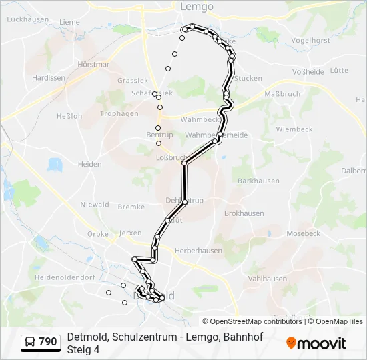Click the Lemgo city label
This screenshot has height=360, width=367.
tap(197, 7)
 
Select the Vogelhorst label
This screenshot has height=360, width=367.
tap(312, 41)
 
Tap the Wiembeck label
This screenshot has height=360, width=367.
tap(294, 129)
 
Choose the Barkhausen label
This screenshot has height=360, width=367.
tap(257, 181)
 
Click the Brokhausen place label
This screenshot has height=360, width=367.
tap(244, 213)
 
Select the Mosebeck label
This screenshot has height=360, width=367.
tap(304, 234)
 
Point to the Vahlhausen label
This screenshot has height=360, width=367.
tap(267, 279)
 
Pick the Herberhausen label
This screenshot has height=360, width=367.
tap(198, 251)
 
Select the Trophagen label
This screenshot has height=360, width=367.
tap(119, 113)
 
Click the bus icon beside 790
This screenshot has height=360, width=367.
tap(30, 342)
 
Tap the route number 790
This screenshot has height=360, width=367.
tap(47, 342)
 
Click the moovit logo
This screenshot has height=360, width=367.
tap(316, 343)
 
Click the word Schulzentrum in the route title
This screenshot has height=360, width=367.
tap(138, 337)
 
